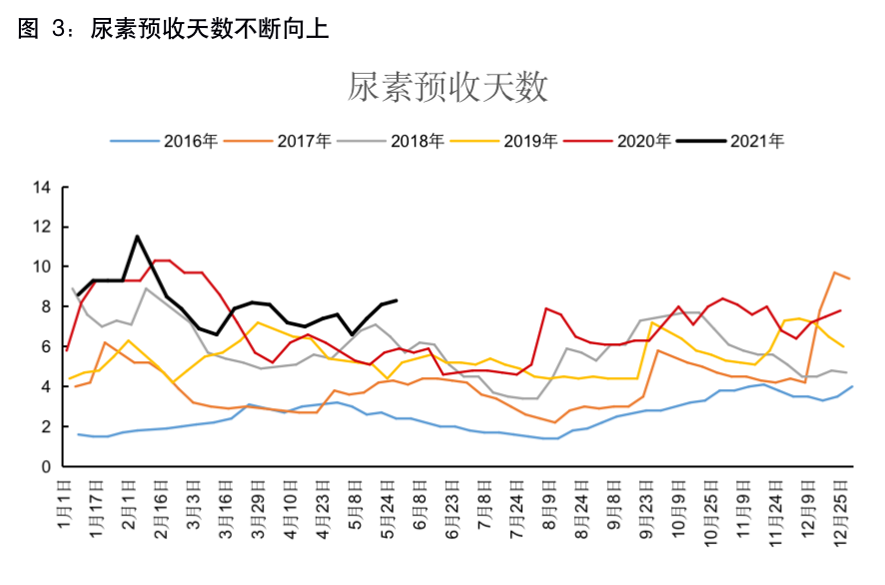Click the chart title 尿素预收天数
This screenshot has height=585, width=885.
point(447,88)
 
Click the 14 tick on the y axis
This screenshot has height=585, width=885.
point(41,187)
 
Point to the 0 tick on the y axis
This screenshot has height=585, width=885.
point(46,466)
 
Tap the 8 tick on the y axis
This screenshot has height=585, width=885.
point(46,306)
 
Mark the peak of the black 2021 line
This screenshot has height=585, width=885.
point(137,237)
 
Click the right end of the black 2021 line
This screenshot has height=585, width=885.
point(397,299)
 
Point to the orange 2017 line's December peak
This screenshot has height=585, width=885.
point(835,273)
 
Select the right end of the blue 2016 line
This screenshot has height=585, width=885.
point(851,386)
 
